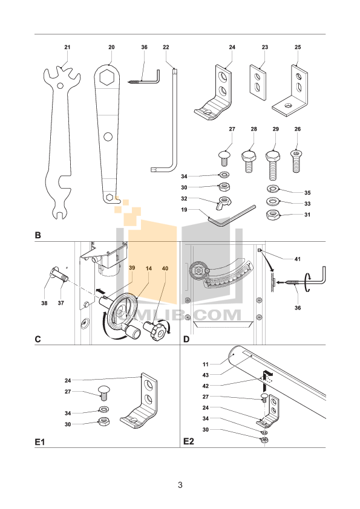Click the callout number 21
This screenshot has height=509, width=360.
click(67, 47)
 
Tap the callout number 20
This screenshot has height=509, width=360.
click(111, 47)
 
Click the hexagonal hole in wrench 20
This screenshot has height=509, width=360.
click(109, 79)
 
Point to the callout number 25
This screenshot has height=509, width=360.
click(297, 47)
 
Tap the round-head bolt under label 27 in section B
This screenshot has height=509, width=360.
click(224, 158)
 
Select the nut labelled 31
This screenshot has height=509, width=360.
click(273, 215)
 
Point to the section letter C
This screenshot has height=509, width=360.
click(38, 339)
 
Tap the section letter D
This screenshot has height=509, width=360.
click(186, 339)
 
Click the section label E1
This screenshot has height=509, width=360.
click(40, 442)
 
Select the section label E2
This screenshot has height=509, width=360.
click(189, 442)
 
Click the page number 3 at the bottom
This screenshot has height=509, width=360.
click(180, 485)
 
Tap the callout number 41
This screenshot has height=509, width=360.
click(296, 259)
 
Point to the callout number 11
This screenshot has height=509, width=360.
click(205, 364)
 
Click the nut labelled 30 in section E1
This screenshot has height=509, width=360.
click(103, 421)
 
